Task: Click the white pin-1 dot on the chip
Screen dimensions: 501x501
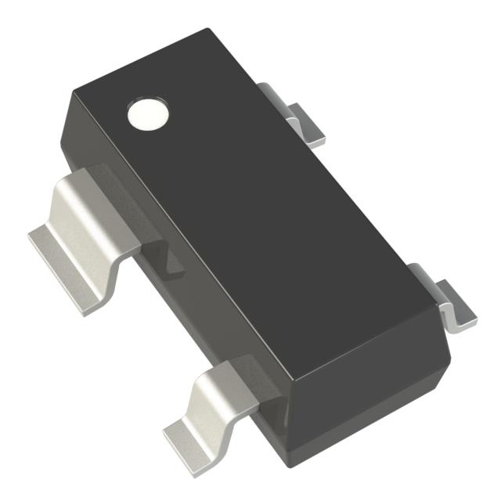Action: pos(148,114)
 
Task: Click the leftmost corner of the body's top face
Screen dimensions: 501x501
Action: pos(72,92)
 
